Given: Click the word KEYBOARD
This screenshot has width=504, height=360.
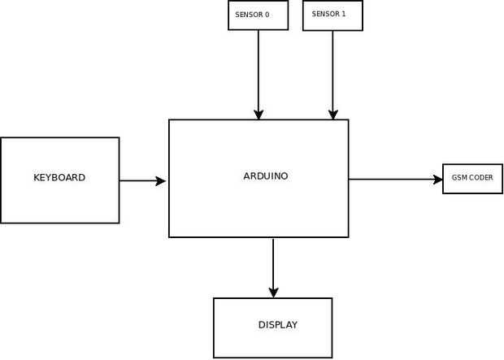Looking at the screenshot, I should click(59, 178).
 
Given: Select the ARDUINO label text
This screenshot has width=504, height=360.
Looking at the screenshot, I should click(266, 176).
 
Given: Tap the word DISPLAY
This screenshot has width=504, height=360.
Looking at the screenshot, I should click(278, 325).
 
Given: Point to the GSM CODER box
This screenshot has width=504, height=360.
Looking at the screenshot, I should click(472, 178).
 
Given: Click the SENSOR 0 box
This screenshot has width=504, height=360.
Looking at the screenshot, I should click(259, 15).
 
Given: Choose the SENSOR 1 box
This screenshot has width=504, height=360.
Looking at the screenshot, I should click(332, 15).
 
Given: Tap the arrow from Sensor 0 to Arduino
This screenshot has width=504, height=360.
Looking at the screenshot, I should click(259, 73).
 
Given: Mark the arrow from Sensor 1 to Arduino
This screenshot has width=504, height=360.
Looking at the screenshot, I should click(332, 73).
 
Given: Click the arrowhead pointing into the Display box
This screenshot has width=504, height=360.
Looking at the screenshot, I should click(273, 292).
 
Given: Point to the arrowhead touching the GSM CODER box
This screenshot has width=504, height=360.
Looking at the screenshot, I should click(437, 179).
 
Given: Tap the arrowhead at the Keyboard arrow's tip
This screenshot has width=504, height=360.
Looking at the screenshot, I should click(161, 181).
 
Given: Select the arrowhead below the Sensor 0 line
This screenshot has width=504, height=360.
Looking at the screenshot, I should click(259, 115).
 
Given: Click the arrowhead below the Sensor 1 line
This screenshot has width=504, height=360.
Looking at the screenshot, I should click(332, 115).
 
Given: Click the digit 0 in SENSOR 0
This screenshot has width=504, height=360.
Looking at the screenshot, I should click(267, 15).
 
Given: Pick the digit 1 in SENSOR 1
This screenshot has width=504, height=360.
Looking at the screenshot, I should click(342, 15).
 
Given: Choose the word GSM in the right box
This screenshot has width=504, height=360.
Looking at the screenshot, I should click(458, 178).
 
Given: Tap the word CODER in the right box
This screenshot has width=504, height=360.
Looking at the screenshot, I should click(480, 178).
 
